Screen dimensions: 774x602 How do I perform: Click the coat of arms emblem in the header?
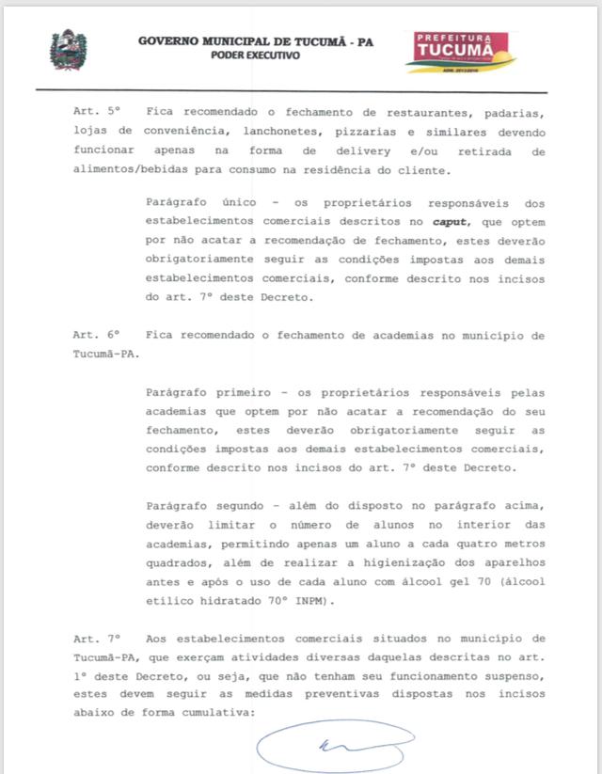click(67, 49)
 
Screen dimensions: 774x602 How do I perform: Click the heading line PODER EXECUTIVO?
click(256, 56)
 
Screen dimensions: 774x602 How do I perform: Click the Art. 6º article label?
click(98, 335)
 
